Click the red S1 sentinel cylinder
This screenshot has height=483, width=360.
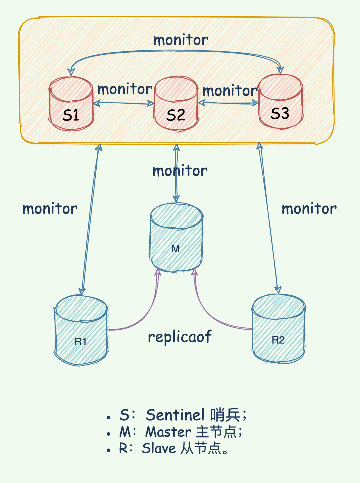click(71, 104)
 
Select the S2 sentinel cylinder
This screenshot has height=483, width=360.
click(176, 104)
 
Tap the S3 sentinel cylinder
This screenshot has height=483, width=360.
click(281, 102)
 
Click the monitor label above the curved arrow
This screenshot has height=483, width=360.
click(181, 40)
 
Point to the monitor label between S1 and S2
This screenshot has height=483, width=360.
click(125, 89)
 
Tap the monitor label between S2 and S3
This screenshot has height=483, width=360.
click(230, 91)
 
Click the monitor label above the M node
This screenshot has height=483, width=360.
click(180, 171)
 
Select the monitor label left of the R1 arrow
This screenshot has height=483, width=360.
click(50, 209)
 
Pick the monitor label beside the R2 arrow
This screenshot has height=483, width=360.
click(309, 209)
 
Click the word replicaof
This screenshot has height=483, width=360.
click(180, 337)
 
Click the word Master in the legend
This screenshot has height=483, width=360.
click(168, 432)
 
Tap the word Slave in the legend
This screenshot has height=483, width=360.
click(159, 448)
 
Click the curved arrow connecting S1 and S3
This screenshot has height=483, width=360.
click(176, 51)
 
